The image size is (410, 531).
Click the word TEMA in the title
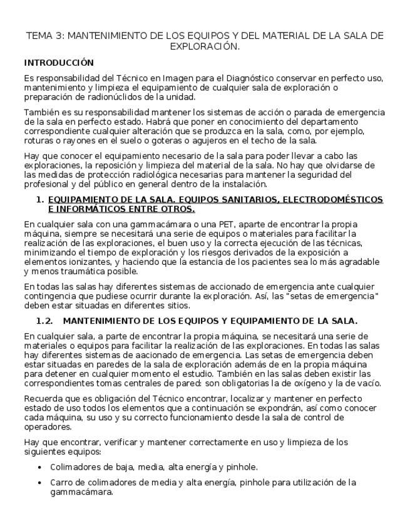pyautogui.click(x=39, y=36)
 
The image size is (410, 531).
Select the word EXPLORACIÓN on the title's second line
pyautogui.click(x=204, y=46)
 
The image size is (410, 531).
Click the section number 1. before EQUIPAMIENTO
pyautogui.click(x=40, y=199)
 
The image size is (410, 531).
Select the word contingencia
pyautogui.click(x=53, y=296)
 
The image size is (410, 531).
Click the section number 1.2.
pyautogui.click(x=45, y=321)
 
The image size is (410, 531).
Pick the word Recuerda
pyautogui.click(x=44, y=398)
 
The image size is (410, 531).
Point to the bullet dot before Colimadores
pyautogui.click(x=40, y=467)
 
